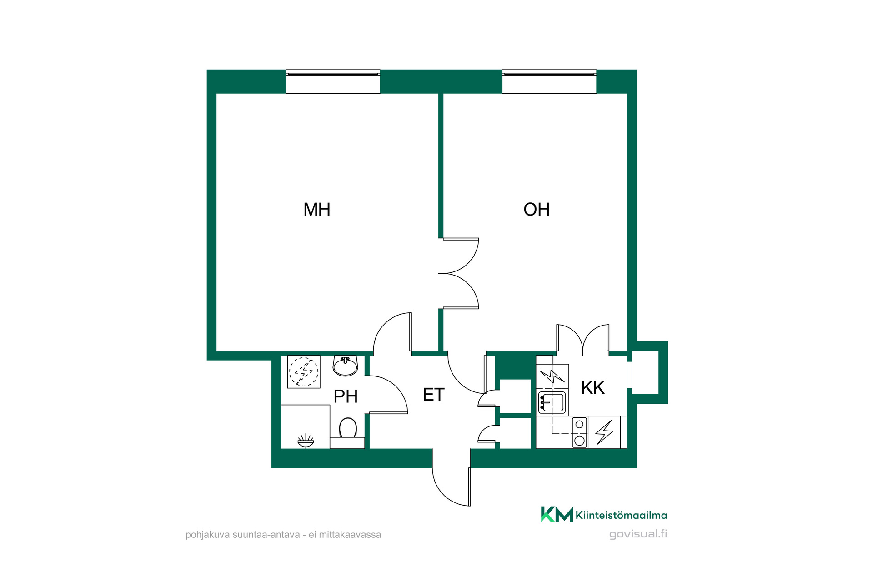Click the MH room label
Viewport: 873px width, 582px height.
click(317, 210)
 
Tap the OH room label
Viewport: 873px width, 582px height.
click(537, 210)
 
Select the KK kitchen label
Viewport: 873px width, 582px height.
click(593, 388)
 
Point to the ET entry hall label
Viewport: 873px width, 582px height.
click(433, 395)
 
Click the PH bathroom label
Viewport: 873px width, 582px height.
click(346, 396)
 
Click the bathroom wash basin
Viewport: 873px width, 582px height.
click(346, 366)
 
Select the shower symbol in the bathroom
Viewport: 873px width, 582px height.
click(306, 441)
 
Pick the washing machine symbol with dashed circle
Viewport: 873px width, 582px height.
click(304, 372)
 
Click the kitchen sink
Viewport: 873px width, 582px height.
click(552, 402)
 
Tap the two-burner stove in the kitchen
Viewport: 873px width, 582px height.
click(579, 432)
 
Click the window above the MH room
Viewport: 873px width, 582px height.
click(333, 82)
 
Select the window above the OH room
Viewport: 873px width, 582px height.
click(549, 82)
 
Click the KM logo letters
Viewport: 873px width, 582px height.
click(557, 514)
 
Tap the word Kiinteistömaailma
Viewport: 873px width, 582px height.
click(621, 515)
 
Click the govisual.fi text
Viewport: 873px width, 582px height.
click(638, 534)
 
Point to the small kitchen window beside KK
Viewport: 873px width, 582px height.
click(630, 375)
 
